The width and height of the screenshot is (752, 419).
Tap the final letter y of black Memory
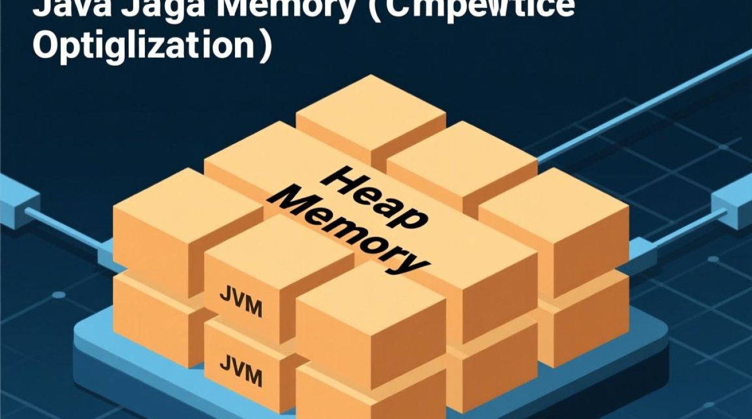coord(411,263)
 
